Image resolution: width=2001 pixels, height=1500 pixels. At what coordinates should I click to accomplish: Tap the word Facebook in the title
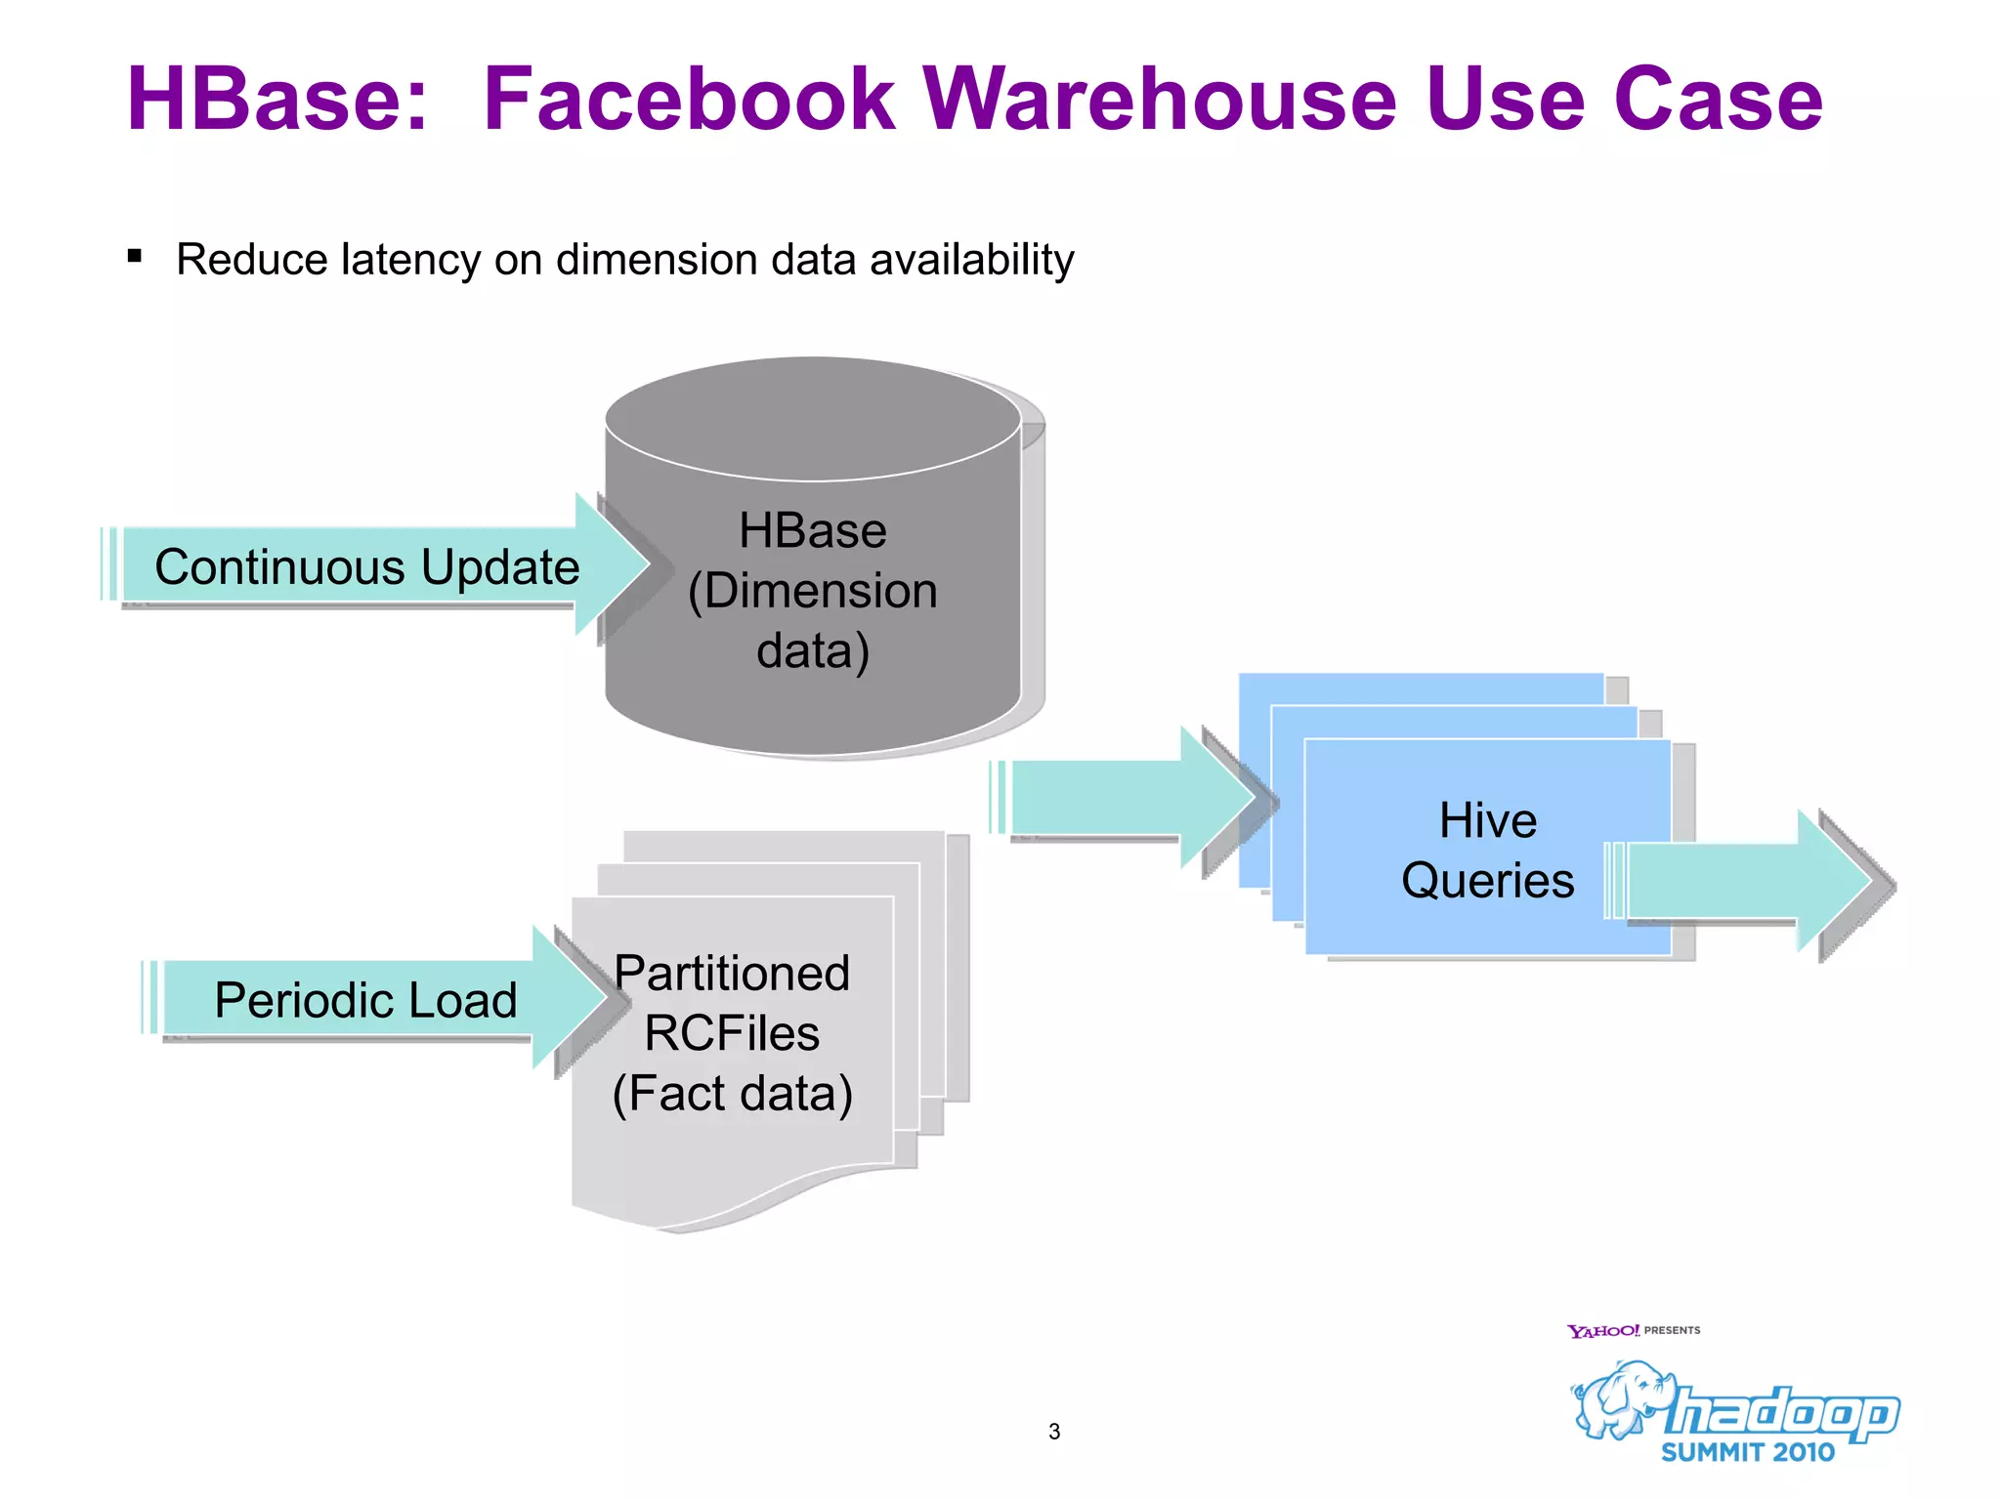(x=689, y=100)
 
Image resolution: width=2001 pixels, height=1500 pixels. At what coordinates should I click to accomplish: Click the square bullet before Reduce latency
(x=135, y=257)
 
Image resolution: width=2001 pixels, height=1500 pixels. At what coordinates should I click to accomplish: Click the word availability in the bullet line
(x=971, y=261)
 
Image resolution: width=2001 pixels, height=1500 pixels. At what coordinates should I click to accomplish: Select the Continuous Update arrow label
(x=366, y=567)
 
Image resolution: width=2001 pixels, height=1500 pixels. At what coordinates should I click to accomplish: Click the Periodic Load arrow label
(x=364, y=1000)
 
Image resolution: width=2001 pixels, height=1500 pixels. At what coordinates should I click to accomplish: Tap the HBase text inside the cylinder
(x=812, y=531)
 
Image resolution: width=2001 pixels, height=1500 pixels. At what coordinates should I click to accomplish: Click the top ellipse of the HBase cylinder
(x=812, y=418)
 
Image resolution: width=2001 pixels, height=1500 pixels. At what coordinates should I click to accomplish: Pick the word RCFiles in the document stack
(x=732, y=1033)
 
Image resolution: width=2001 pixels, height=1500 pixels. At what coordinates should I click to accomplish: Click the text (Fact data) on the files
(x=732, y=1093)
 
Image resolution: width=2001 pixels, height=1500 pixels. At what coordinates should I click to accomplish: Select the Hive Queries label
(x=1487, y=850)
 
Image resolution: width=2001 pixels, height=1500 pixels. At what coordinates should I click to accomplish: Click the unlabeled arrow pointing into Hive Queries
(x=1124, y=798)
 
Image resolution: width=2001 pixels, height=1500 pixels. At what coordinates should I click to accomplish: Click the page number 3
(x=1054, y=1432)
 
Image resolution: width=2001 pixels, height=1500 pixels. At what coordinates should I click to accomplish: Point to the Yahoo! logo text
(x=1602, y=1331)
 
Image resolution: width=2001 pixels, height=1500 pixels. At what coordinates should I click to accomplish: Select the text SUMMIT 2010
(x=1748, y=1452)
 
